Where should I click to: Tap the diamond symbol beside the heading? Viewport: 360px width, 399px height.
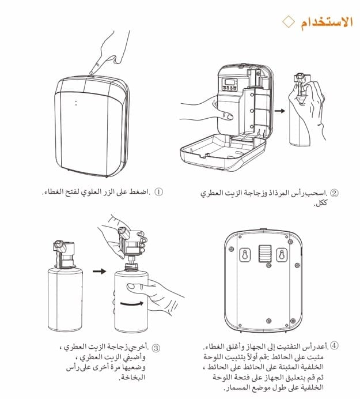[289, 22]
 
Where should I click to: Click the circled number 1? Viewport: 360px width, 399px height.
[158, 191]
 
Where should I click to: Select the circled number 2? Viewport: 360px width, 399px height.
[334, 193]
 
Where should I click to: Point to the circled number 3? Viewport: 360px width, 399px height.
[156, 348]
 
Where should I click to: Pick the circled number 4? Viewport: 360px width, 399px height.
[334, 345]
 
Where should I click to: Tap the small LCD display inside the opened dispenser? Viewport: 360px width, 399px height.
[229, 82]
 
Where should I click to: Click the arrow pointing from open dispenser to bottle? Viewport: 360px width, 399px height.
[280, 111]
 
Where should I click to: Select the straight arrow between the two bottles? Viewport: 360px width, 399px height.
[100, 271]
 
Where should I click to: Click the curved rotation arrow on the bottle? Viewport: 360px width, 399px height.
[132, 304]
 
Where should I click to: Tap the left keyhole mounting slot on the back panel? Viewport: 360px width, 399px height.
[245, 255]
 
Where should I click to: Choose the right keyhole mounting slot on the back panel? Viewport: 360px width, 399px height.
[282, 255]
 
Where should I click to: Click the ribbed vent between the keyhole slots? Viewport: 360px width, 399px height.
[265, 254]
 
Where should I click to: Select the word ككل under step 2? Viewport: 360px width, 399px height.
[321, 203]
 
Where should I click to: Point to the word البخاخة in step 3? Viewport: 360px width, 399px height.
[132, 377]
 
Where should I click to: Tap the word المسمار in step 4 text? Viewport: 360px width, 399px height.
[234, 388]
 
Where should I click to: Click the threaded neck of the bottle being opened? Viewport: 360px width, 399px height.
[131, 266]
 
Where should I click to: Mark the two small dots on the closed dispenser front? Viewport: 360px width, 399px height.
[76, 103]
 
